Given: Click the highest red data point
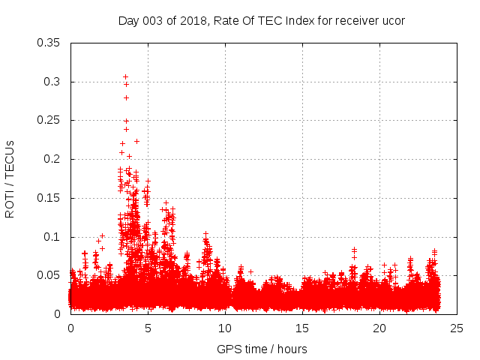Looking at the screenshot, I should pos(125,76).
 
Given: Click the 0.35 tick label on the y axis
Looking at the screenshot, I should pos(49,43).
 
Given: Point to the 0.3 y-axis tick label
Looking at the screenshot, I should pos(52,82).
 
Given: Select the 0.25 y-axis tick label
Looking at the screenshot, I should pos(49,120).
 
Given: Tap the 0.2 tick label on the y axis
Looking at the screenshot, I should pos(52,159).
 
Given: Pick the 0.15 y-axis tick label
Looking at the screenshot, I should pos(49,198).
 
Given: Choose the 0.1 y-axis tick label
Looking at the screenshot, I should pos(52,237).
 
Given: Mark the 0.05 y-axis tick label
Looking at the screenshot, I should pos(49,275).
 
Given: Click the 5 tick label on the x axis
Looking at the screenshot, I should pos(148,328).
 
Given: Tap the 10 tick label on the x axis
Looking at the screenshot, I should pos(225,328).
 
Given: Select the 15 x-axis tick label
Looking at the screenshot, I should pos(302,328).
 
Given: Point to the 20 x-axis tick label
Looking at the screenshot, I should pos(379,328).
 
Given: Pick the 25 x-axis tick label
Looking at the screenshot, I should pos(457,328).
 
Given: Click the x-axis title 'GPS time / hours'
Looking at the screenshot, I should pos(262,349).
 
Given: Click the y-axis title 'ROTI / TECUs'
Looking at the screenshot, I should pos(10,178).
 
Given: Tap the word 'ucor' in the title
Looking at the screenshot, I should pos(393,20).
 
